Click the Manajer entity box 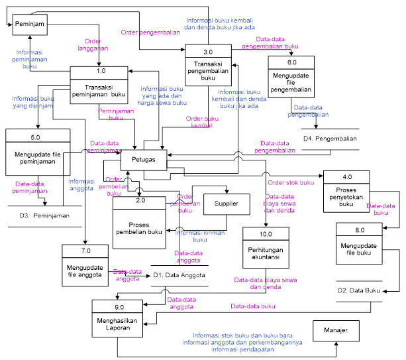(x=336, y=330)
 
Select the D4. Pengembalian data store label (x=330, y=139)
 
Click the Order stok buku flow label (x=291, y=183)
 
